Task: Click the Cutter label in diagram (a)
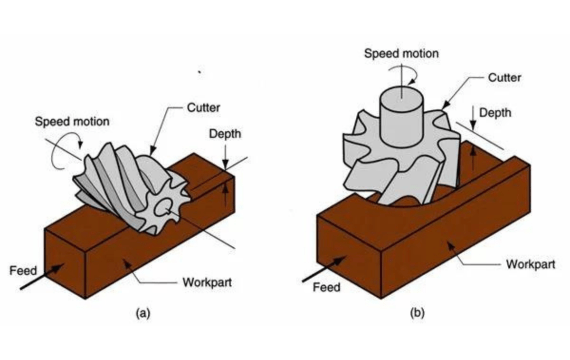pos(203,108)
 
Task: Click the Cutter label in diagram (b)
pos(504,77)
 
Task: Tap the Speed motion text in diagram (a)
pos(72,121)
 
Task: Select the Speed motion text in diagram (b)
pos(401,53)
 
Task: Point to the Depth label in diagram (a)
pos(225,134)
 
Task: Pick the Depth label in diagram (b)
pos(495,113)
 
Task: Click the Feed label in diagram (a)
pos(23,271)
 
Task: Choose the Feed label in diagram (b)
pos(326,287)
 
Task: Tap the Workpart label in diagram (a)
pos(207,283)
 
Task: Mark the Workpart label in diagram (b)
pos(531,264)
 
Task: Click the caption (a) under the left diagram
pos(143,313)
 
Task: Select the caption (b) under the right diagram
pos(417,313)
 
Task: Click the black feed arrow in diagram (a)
pos(41,277)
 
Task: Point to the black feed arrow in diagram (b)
pos(324,269)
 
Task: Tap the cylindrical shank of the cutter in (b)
pos(401,117)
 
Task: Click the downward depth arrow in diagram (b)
pos(473,117)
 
